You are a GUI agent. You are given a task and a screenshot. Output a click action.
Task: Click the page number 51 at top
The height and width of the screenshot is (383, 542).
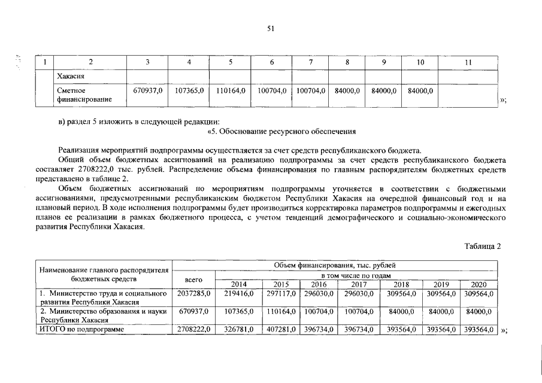click(271, 28)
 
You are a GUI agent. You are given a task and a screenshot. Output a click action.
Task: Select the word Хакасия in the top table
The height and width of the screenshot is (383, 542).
click(69, 77)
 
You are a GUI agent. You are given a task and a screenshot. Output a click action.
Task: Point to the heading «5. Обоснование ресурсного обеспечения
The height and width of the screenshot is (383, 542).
click(281, 130)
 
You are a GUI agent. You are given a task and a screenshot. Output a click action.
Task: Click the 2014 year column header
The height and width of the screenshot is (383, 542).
click(238, 284)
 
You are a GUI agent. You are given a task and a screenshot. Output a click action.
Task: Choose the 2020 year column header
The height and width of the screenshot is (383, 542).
click(479, 284)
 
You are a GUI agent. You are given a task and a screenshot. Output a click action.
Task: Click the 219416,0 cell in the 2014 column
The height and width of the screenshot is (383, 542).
click(238, 294)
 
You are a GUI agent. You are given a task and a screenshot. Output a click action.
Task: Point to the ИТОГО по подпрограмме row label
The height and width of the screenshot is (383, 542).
click(81, 330)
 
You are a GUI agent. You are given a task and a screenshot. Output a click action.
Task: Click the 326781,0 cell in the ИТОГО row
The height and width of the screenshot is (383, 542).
click(238, 330)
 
